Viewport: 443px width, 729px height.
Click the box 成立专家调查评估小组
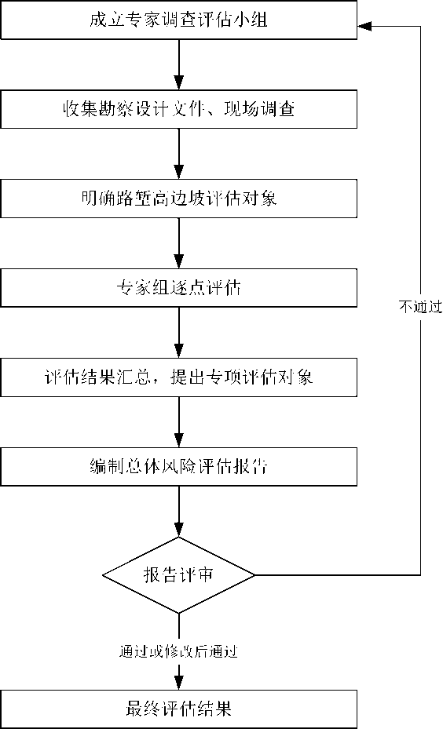178,20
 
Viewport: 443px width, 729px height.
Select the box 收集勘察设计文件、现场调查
178,109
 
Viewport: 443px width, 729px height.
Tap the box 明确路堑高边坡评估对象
178,199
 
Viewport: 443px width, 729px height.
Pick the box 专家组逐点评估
178,288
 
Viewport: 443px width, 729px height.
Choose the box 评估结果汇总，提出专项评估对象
178,377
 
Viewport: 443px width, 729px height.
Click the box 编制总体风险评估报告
178,466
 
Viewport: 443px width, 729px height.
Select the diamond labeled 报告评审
178,575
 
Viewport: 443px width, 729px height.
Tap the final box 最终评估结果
178,709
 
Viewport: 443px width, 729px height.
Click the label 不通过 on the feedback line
419,306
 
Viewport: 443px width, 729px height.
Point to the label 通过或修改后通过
178,651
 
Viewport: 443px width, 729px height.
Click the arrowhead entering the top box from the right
364,27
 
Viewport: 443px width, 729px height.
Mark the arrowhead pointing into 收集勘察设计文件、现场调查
178,82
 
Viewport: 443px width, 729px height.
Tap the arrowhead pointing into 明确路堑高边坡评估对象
178,172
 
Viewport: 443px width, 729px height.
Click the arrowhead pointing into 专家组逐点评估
178,261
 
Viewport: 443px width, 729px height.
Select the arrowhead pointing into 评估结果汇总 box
178,351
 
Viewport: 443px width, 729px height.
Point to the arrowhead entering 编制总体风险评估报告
178,439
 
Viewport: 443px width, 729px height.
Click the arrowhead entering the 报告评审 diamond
178,530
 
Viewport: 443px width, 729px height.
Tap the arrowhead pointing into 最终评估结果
178,683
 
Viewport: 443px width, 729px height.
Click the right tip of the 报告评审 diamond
255,575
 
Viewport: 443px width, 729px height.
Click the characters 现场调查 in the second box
259,109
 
